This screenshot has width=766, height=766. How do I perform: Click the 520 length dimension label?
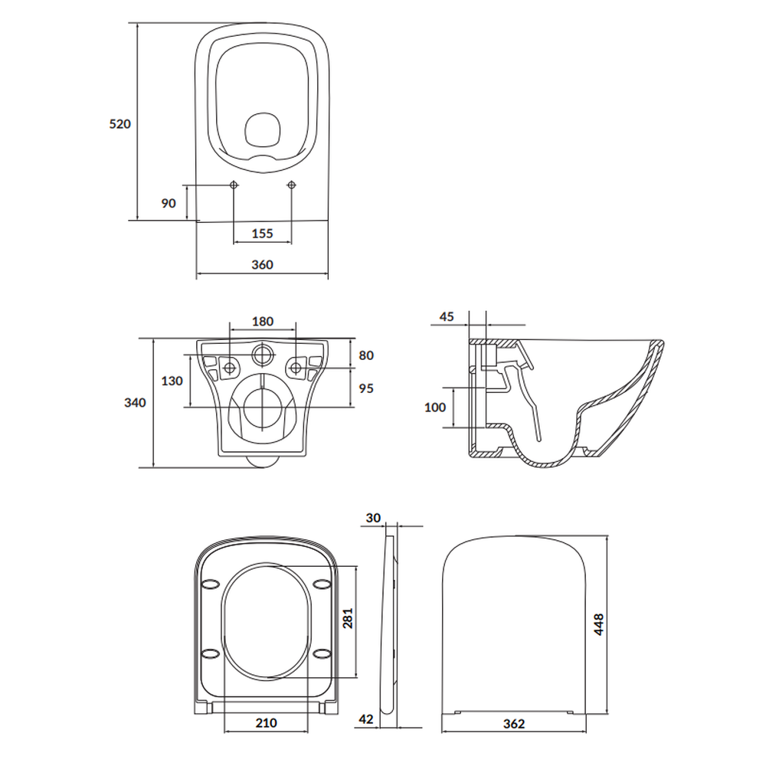pyautogui.click(x=120, y=124)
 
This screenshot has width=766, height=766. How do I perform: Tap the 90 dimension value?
pyautogui.click(x=169, y=203)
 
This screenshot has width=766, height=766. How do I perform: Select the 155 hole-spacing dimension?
pyautogui.click(x=262, y=234)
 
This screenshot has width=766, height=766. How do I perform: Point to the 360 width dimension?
pyautogui.click(x=262, y=265)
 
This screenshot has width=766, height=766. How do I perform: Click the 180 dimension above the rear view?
pyautogui.click(x=263, y=322)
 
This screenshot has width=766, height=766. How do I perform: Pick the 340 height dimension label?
pyautogui.click(x=135, y=403)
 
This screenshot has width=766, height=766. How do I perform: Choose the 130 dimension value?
pyautogui.click(x=172, y=381)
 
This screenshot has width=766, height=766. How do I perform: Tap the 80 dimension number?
pyautogui.click(x=366, y=355)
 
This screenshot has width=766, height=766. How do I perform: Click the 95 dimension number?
pyautogui.click(x=366, y=388)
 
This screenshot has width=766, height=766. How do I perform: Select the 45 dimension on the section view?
pyautogui.click(x=447, y=316)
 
